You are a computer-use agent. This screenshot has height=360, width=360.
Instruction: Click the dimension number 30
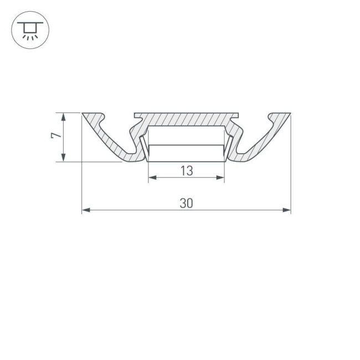[186, 203]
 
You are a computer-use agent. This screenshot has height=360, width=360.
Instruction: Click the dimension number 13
[187, 171]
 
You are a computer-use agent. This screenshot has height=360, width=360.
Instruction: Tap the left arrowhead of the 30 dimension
[86, 210]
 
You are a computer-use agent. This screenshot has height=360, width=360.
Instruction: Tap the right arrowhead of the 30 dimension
[287, 210]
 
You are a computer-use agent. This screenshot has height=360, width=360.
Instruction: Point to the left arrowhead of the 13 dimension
[152, 177]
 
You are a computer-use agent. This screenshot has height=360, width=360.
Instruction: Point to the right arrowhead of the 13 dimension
[220, 177]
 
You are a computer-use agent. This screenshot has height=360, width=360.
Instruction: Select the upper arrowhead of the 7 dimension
[64, 117]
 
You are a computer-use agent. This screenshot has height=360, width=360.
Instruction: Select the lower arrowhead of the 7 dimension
[64, 157]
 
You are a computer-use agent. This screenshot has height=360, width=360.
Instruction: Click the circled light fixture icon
[30, 30]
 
